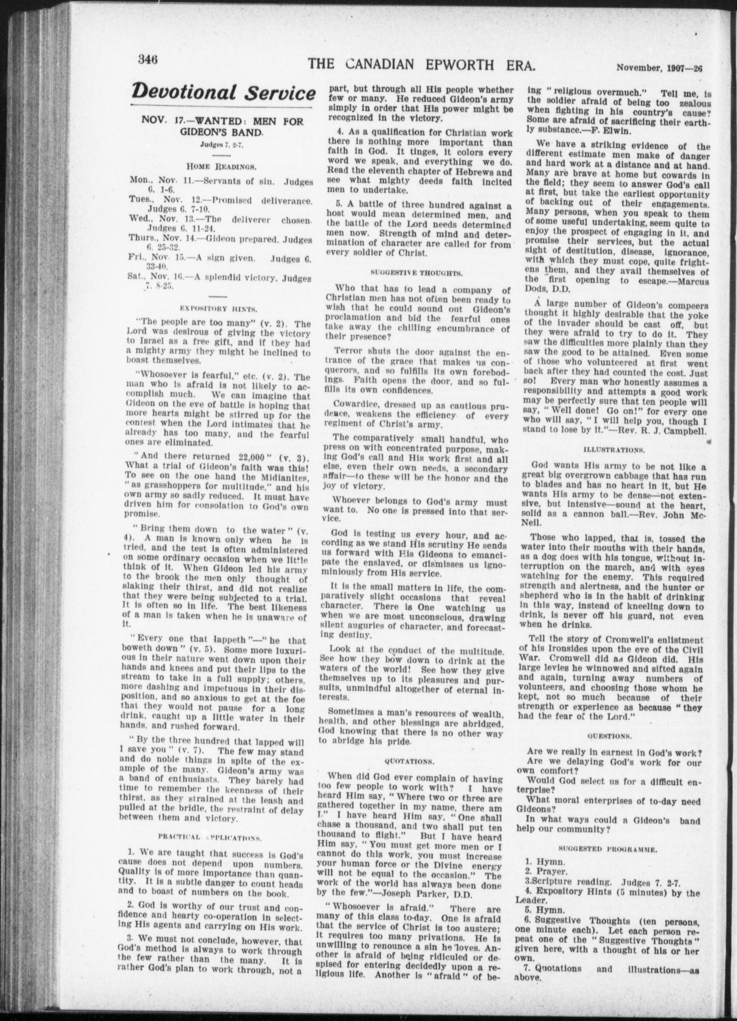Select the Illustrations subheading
614,449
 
